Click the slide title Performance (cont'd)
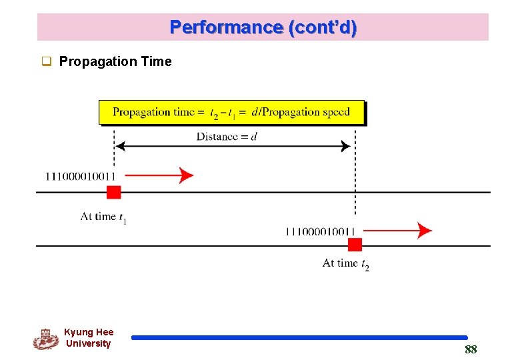[263, 27]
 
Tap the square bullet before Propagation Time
[47, 63]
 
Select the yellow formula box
[232, 112]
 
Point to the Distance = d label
[227, 137]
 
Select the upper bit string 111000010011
[80, 176]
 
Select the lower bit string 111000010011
[319, 231]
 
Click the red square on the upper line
[114, 193]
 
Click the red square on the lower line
[355, 245]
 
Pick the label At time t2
[345, 264]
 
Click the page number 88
[471, 350]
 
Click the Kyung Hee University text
[89, 338]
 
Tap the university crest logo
[46, 339]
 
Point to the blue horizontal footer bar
[299, 338]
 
